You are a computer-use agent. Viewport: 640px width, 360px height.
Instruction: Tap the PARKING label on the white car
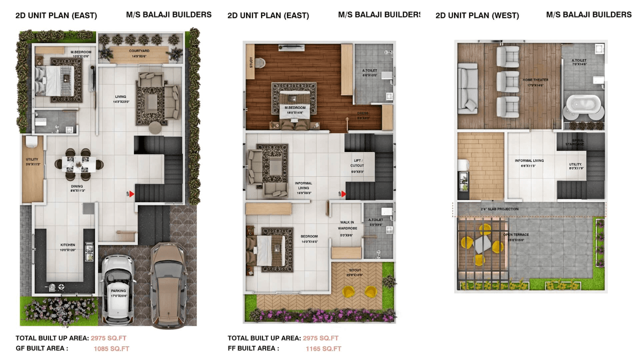[x=118, y=290]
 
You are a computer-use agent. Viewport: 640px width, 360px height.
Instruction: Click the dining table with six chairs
[x=78, y=164]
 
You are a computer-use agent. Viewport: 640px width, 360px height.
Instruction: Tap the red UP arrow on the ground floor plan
[x=131, y=194]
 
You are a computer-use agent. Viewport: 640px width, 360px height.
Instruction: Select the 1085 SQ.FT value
[x=111, y=348]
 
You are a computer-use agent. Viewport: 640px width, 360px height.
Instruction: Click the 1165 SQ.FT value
[x=323, y=348]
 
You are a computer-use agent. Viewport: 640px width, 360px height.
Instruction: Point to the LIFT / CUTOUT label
[x=357, y=163]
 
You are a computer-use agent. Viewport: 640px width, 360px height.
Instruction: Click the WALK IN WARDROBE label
[x=346, y=225]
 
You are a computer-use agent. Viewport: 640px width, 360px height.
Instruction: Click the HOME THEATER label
[x=535, y=80]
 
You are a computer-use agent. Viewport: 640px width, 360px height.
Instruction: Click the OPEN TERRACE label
[x=516, y=235]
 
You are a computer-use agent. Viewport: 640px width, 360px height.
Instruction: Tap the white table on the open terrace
[x=482, y=244]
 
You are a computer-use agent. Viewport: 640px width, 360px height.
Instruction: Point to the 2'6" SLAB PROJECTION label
[x=499, y=209]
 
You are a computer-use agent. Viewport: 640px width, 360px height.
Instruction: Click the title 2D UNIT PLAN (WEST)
[x=477, y=15]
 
